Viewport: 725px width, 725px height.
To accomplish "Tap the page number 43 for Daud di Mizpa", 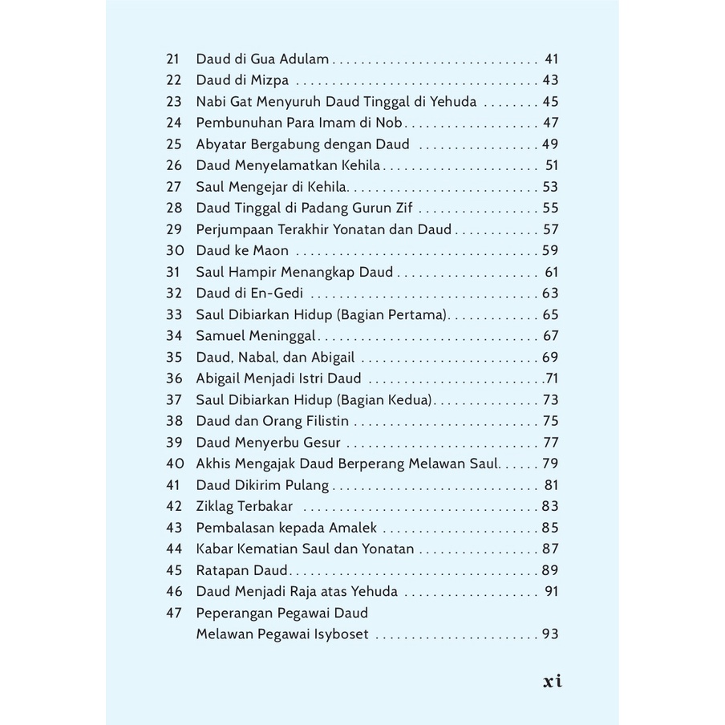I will coord(549,80).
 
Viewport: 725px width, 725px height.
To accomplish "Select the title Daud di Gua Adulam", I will coord(263,59).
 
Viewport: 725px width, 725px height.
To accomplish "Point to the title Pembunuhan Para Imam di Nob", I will coord(300,124).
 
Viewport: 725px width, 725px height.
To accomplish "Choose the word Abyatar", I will coord(222,144).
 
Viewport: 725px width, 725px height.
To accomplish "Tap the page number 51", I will coord(551,166).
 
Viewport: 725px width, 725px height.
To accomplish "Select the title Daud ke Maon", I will coord(242,250).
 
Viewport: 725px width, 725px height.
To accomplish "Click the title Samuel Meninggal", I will coord(256,336).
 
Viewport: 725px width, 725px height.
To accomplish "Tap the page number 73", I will coord(550,399).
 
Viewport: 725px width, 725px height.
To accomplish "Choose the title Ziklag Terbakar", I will coord(245,506).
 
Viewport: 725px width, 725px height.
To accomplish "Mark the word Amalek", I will coord(353,528).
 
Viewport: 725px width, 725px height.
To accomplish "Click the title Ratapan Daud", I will coord(242,570).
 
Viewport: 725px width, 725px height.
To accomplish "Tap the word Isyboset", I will coord(338,634).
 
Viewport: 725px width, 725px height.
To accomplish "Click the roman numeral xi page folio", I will coord(553,682).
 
